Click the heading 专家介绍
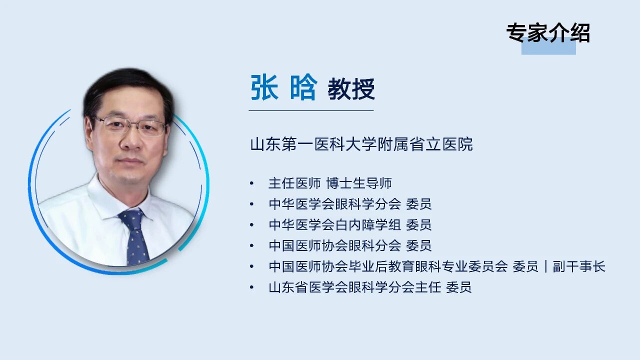point(548,33)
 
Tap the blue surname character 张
point(264,87)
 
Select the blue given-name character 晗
point(303,87)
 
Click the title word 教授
point(351,89)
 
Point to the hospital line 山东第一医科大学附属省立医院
point(361,144)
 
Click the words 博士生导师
point(359,183)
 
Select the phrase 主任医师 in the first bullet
point(294,183)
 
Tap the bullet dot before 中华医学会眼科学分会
point(251,204)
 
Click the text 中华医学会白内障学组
point(334,225)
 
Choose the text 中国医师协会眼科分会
point(334,245)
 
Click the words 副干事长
point(579,266)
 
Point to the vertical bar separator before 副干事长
point(545,266)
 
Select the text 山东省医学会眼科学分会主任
point(354,287)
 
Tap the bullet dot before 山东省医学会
point(251,287)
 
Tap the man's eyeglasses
point(130,126)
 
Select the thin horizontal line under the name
point(311,110)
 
